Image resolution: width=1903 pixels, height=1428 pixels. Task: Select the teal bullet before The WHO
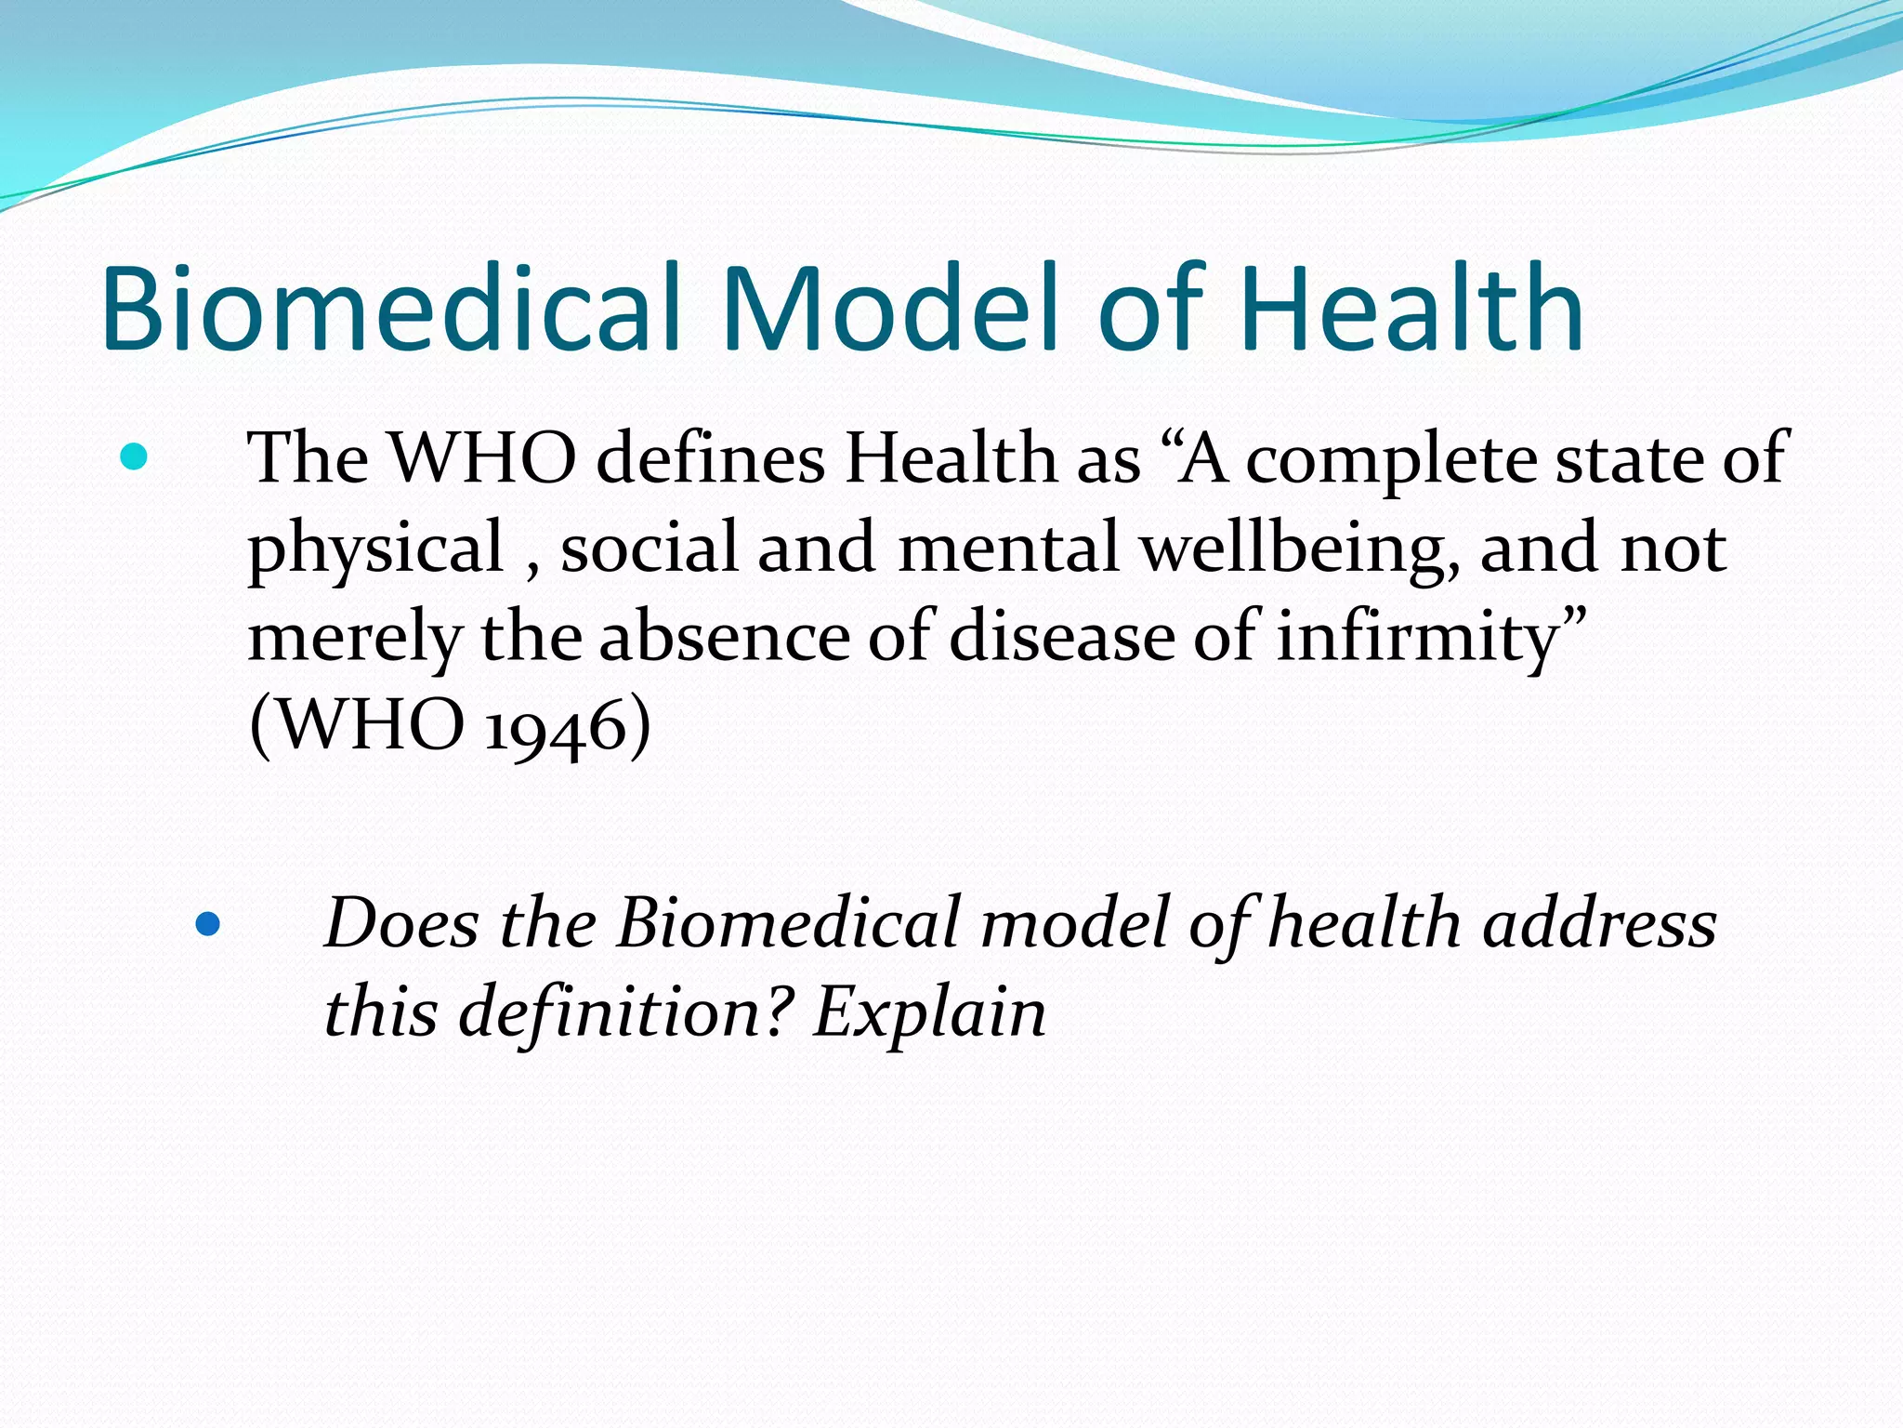point(135,457)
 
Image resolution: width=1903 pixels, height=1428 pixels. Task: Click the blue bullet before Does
point(208,924)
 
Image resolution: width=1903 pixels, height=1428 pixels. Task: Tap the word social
point(649,549)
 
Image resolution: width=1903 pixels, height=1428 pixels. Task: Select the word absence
point(724,638)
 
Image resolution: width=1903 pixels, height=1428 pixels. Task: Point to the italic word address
point(1598,924)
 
